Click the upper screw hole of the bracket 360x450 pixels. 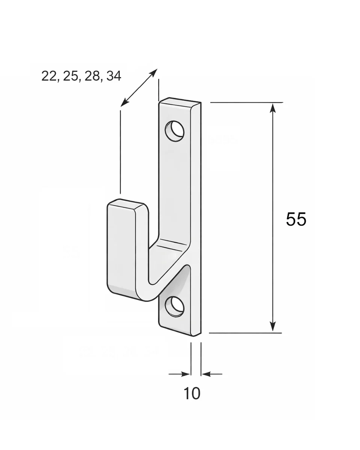(x=175, y=131)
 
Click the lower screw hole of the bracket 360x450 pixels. (x=175, y=306)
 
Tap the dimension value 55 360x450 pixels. (x=296, y=219)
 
